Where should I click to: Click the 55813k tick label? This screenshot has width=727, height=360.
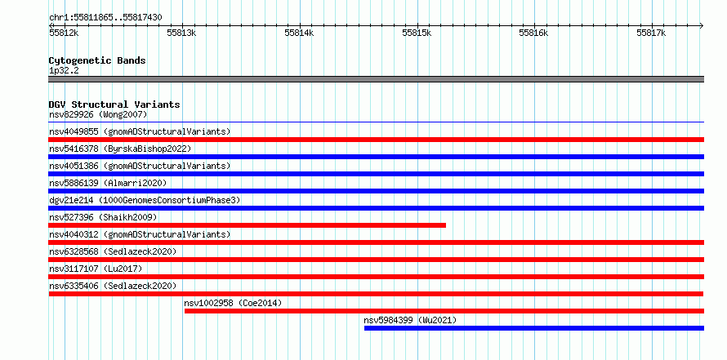point(182,33)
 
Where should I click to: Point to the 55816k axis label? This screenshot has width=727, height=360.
point(533,33)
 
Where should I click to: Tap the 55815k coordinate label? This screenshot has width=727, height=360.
point(417,33)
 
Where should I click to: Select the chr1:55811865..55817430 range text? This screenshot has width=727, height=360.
point(105,18)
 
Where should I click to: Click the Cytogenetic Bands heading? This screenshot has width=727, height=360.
point(97,60)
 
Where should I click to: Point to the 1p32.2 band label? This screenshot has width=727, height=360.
point(65,70)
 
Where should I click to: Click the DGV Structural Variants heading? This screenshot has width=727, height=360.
point(114,104)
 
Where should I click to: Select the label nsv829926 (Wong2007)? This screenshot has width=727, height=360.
point(98,114)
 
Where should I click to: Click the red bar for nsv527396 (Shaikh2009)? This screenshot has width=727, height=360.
point(248,225)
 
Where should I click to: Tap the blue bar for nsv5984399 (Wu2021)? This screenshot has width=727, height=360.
point(534,328)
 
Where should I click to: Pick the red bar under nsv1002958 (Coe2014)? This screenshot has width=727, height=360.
point(444,311)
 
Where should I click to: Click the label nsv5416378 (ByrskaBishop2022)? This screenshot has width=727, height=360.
point(120,149)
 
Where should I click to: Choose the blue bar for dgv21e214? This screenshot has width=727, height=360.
point(377,208)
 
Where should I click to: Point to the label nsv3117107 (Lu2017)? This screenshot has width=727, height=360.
point(96,269)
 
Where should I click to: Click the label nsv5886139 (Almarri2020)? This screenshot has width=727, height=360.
point(108,183)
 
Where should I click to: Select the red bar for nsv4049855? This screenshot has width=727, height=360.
point(377,140)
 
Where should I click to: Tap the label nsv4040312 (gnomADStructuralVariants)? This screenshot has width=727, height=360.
point(140,234)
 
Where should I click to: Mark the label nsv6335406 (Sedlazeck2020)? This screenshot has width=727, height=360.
point(113,286)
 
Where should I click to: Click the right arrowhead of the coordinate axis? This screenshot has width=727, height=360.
point(702,25)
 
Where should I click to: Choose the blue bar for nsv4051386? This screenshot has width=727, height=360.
point(377,174)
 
